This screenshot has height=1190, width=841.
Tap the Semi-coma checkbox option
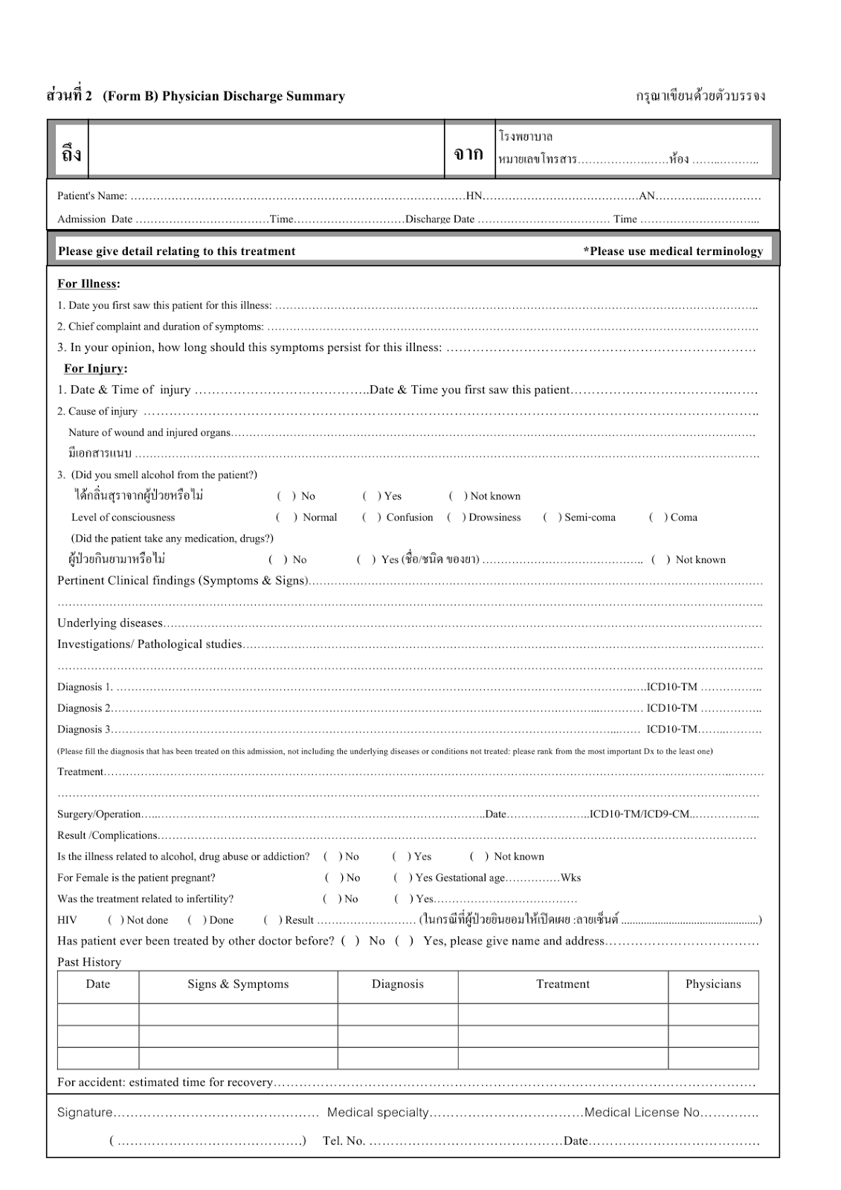click(x=552, y=517)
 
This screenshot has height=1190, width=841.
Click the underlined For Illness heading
click(x=88, y=283)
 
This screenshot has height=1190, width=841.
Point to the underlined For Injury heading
click(x=95, y=368)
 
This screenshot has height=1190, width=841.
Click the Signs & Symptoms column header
click(x=238, y=984)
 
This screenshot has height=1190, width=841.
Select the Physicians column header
click(x=713, y=984)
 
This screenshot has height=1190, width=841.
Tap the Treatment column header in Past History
click(x=563, y=984)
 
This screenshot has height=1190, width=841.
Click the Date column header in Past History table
click(x=98, y=984)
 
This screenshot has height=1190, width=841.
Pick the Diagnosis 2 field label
click(x=84, y=708)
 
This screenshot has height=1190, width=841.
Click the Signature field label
click(x=85, y=1112)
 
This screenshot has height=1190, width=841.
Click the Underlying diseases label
click(x=109, y=623)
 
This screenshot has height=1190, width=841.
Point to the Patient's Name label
click(x=92, y=196)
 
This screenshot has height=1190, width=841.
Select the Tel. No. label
click(x=344, y=1141)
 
